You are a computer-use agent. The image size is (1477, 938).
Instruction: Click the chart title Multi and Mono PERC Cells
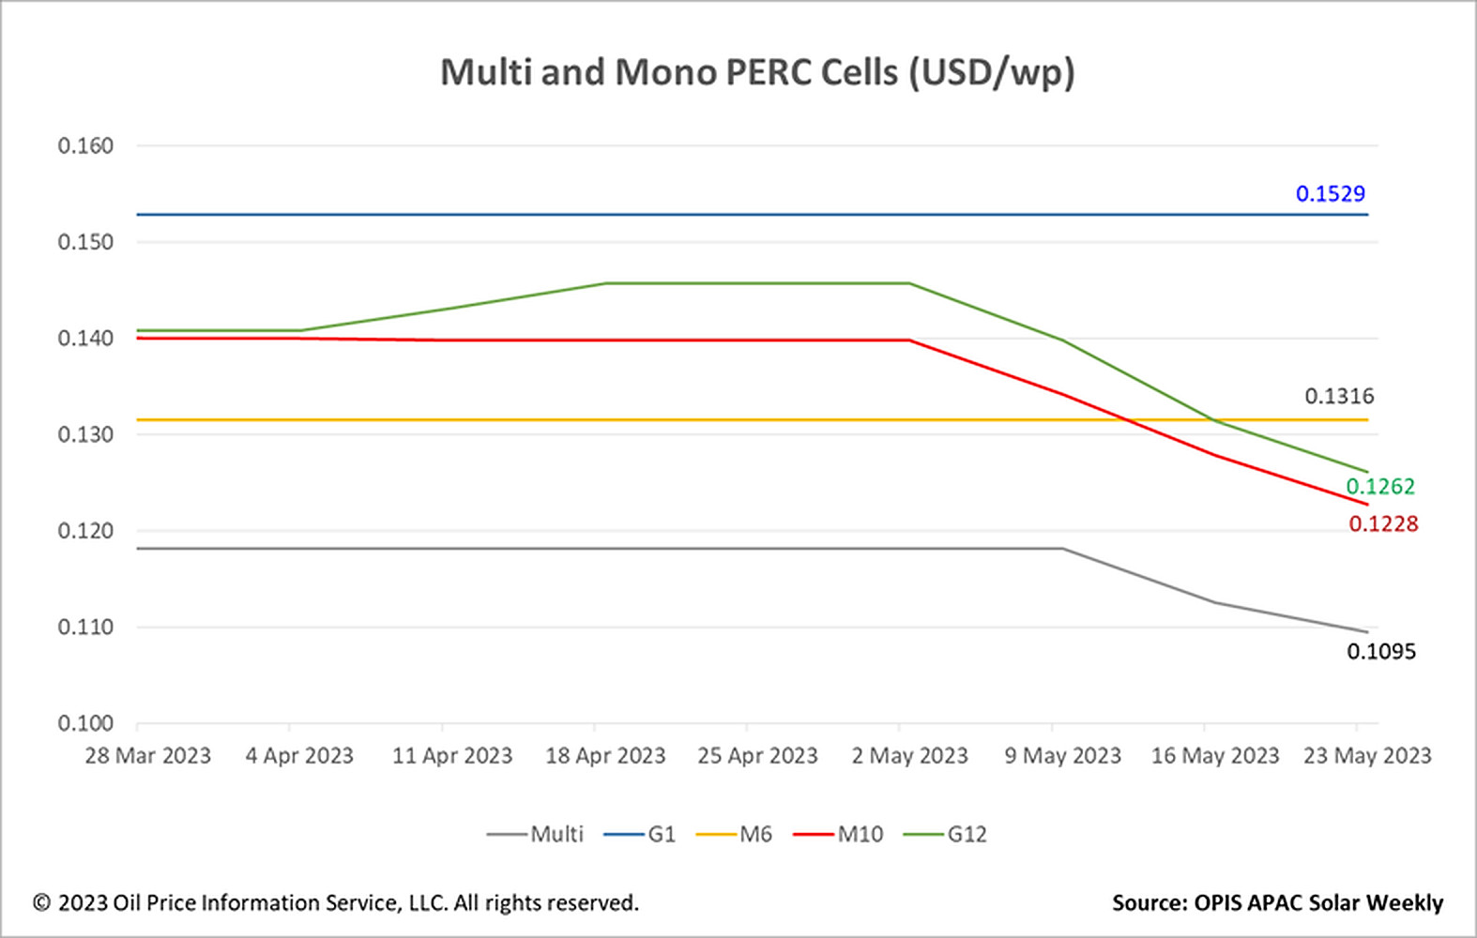757,73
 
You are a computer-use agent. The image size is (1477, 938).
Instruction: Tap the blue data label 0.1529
1330,194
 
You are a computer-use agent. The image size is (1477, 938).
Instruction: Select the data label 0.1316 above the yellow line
1338,397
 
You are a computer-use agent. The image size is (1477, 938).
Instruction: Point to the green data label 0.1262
1379,487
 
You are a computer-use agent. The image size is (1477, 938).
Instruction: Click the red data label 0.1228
1382,524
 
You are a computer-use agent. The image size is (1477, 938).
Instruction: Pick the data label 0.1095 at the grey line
1380,652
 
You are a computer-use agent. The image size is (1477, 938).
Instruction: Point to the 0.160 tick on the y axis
85,146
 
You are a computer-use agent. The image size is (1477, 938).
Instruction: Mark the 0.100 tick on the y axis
85,723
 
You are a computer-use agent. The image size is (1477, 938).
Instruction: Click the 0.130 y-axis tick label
85,435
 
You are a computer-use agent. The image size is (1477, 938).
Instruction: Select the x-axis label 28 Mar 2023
148,756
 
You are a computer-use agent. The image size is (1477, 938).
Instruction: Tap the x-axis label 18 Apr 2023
605,756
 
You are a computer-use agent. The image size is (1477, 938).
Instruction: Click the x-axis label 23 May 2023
1366,756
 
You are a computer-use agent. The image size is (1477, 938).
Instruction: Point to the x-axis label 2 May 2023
909,756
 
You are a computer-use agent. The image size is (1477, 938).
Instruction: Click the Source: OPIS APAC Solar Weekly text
1277,903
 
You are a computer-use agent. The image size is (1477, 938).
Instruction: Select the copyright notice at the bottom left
336,903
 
